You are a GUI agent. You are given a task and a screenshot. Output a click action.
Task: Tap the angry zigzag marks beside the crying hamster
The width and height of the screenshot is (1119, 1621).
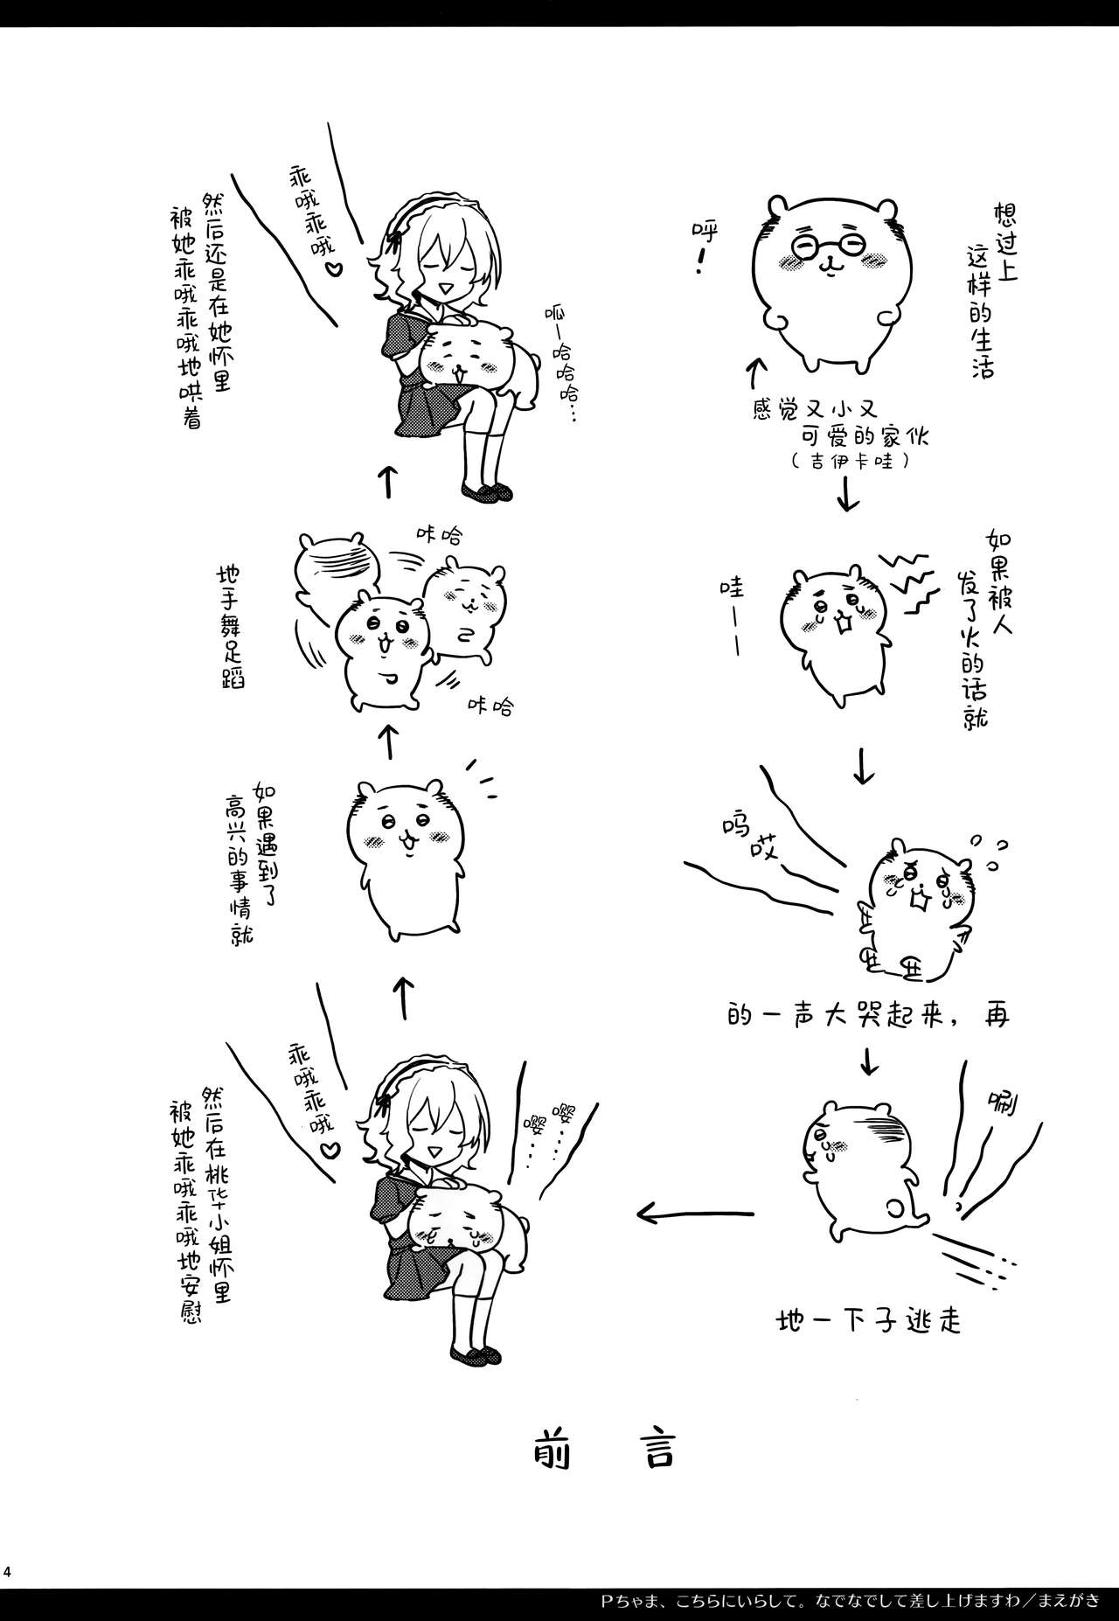[x=904, y=577]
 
